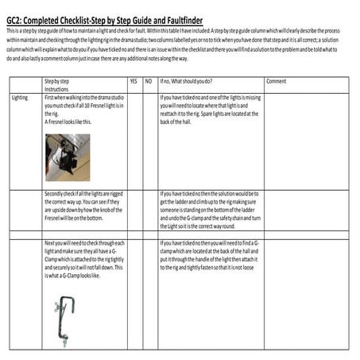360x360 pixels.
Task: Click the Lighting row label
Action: [21, 98]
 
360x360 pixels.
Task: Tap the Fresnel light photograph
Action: [67, 157]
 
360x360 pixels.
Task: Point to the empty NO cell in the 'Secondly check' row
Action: [149, 211]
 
